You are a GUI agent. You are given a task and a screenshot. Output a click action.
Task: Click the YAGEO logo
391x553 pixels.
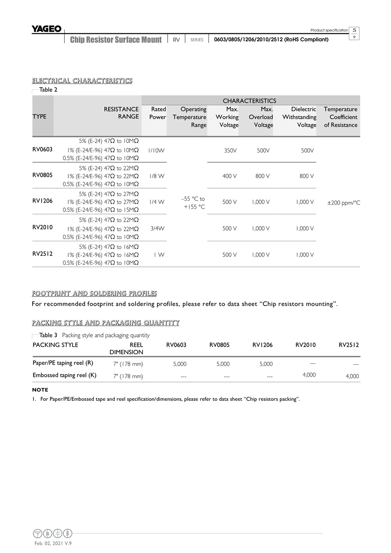tap(46, 29)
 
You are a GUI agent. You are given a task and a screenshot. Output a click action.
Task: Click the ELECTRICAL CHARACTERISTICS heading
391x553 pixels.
tap(82, 80)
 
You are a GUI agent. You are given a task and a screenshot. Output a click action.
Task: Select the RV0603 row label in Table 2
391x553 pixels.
tap(42, 149)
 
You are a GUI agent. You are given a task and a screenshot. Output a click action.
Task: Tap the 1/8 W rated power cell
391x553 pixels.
tap(156, 176)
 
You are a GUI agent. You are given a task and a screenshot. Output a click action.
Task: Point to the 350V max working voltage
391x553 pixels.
tap(230, 150)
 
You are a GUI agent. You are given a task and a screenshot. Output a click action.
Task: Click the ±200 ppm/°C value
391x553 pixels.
tap(343, 203)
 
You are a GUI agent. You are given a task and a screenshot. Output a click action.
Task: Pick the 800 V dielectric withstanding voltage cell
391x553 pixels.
tap(306, 176)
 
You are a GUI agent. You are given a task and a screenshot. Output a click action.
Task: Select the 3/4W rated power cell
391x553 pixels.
tap(156, 228)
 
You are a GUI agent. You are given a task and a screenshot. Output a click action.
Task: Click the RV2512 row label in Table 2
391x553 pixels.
tap(42, 254)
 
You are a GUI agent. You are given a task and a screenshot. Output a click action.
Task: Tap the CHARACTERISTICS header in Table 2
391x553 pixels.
tap(249, 101)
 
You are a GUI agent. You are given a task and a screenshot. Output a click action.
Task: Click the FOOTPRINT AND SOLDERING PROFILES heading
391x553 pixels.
tap(94, 293)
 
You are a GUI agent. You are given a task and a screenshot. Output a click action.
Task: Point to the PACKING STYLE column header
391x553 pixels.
tap(55, 345)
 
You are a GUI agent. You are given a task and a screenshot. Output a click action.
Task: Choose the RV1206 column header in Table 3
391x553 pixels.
tap(262, 345)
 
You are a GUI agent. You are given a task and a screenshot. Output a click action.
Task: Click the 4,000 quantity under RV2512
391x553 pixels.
tap(352, 376)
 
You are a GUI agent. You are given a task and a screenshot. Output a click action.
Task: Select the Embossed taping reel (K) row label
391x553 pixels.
tap(64, 375)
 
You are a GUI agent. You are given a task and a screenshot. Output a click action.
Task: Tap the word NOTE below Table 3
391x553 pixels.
tap(40, 390)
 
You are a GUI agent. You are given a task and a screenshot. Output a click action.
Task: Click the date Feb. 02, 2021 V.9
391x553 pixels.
tap(53, 544)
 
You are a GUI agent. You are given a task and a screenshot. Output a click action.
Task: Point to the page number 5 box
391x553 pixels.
tap(355, 30)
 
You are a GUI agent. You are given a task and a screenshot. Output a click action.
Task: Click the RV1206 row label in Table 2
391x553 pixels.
tap(42, 201)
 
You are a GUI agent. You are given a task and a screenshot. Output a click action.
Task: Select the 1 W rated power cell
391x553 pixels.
tap(159, 255)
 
